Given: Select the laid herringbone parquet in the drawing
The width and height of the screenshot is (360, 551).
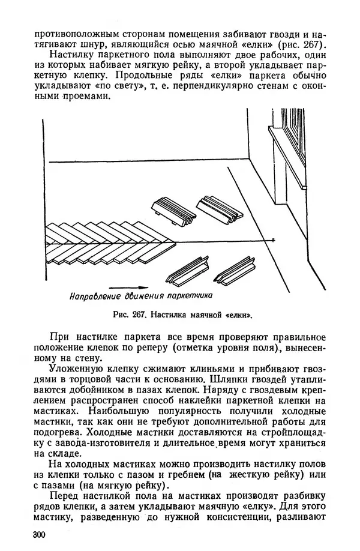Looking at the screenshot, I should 108,240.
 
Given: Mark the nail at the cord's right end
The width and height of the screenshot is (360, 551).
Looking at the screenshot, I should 272,240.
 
